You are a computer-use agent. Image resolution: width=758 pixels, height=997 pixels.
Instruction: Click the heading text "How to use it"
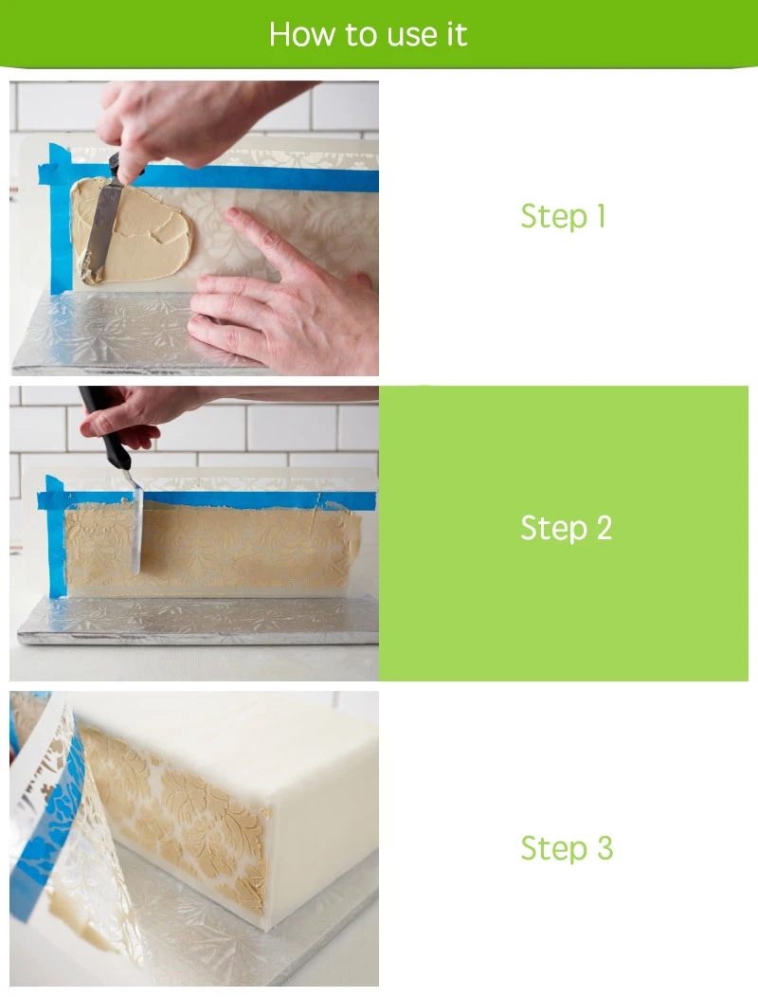point(369,34)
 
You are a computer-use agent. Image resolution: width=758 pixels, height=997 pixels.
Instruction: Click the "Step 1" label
point(563,216)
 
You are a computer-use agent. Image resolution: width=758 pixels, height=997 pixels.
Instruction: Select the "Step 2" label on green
point(566,528)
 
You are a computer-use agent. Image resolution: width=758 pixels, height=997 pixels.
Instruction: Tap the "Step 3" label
point(567,848)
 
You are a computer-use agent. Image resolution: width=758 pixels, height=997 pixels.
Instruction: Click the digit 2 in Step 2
point(605,528)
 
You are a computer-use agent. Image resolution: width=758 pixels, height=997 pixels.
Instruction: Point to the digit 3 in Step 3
point(605,848)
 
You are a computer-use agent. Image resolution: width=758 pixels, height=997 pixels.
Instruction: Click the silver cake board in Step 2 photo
point(198,620)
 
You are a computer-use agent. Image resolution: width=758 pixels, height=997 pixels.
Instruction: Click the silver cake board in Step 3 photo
point(254,941)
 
